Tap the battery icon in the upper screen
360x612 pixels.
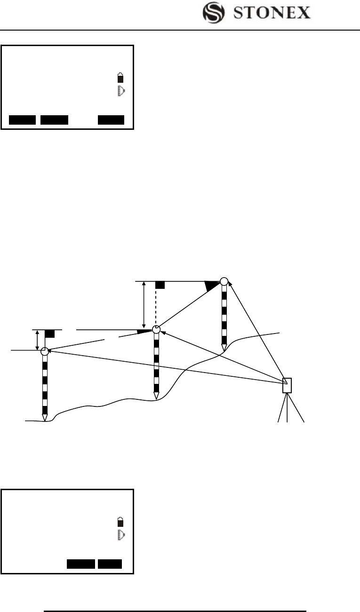coord(121,78)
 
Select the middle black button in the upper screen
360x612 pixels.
coord(54,120)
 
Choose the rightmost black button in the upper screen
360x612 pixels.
coord(111,120)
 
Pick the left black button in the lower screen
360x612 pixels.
coord(80,564)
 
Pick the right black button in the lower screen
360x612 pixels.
coord(110,564)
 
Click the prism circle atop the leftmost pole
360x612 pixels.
coord(45,351)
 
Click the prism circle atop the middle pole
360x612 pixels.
coord(157,329)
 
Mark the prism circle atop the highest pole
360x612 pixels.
coord(224,281)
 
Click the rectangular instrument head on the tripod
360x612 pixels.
coord(287,385)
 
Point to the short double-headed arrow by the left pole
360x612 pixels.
coord(37,340)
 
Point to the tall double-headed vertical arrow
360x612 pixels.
coord(144,305)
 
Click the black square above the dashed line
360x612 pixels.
coord(160,285)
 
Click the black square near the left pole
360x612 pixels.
coord(50,334)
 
